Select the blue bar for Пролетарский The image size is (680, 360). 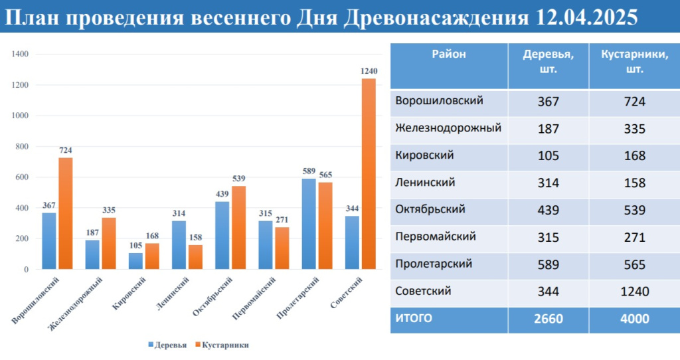point(309,224)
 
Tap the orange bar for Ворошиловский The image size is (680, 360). point(65,213)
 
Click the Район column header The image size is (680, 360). point(449,55)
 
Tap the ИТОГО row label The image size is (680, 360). point(413,319)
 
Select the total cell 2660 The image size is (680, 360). point(548,319)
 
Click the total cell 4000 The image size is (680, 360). point(634,319)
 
